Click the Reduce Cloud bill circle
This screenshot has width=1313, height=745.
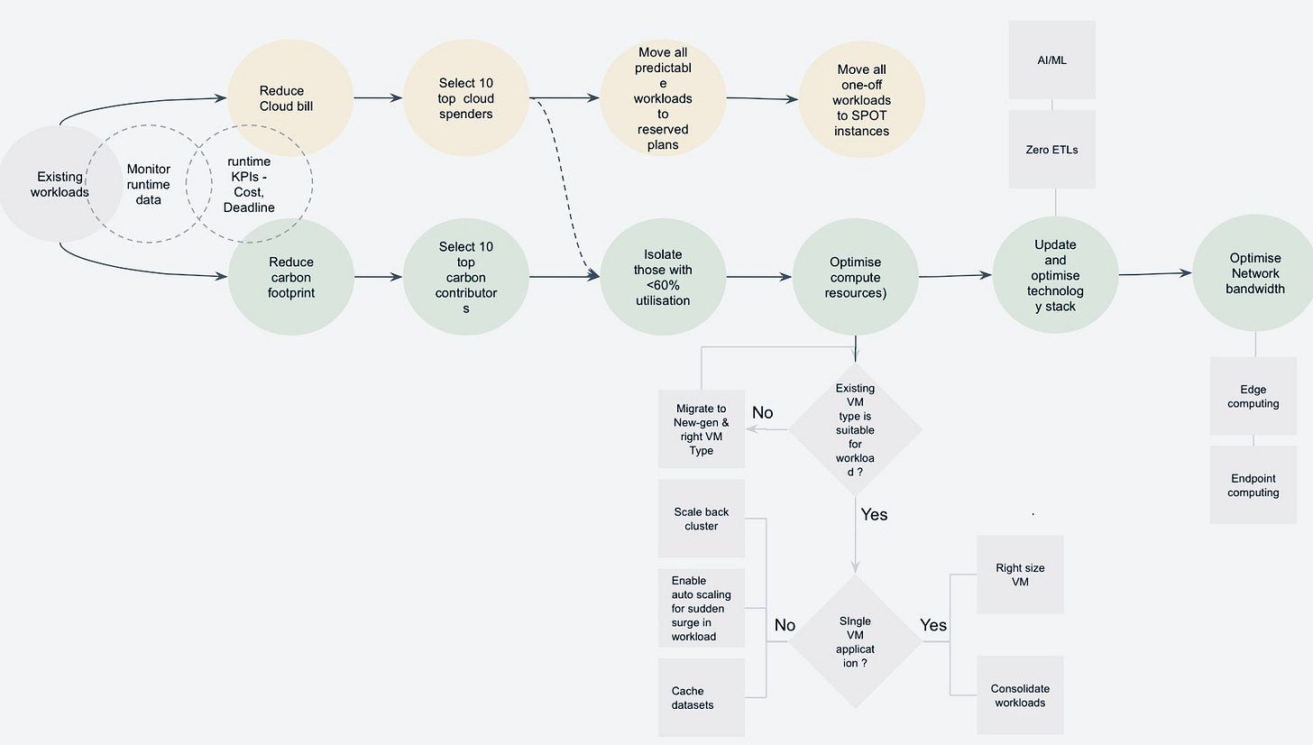(289, 98)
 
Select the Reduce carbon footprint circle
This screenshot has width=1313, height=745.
(290, 277)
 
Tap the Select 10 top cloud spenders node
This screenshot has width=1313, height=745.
(465, 98)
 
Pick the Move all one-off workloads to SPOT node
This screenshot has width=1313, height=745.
(861, 99)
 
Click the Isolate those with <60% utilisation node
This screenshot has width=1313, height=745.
(662, 277)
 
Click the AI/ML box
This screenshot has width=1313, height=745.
(1051, 60)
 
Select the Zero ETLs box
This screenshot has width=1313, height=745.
(1051, 150)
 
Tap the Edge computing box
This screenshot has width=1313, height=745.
(1253, 397)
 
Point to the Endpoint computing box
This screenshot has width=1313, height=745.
(1253, 485)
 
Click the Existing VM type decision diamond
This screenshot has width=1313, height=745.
(855, 429)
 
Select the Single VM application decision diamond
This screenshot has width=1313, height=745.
(855, 642)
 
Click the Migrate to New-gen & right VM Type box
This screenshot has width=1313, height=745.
(701, 429)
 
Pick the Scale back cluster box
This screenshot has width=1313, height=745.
(701, 519)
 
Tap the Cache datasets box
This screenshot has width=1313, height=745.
(701, 697)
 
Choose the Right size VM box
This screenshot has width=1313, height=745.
(1020, 575)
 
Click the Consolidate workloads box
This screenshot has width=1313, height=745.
(1020, 695)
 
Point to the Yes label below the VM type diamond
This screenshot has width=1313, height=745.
(874, 514)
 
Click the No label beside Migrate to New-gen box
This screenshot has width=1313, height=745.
(762, 412)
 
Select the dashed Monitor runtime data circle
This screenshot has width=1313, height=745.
(147, 184)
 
